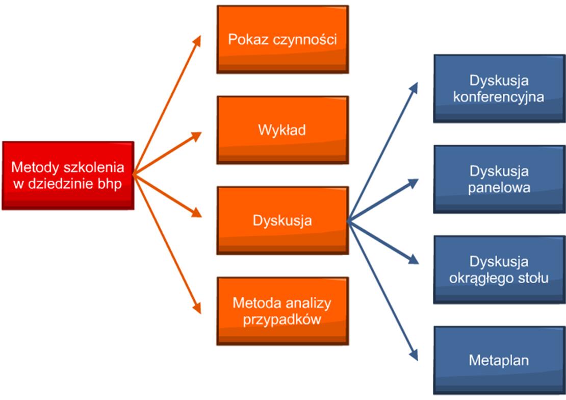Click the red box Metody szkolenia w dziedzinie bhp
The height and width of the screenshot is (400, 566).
pos(68,175)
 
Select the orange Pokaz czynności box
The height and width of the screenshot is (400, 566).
pos(282,39)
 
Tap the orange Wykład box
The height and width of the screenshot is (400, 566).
pos(282,130)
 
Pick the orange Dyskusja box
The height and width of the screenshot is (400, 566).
pos(282,220)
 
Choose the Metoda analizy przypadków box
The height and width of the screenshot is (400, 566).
pos(282,311)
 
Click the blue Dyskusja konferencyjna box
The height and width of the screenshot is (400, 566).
pos(500,89)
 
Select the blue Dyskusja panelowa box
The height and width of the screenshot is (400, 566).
pos(500,179)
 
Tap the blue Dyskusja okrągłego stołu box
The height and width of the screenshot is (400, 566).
pos(500,269)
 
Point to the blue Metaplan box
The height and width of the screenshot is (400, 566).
pos(500,360)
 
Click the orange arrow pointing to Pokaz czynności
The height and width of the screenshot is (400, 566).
pos(167,105)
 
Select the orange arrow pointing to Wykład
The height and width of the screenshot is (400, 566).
pos(167,154)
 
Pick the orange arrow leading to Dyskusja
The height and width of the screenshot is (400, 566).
pos(167,196)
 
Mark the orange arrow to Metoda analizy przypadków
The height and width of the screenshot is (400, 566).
pos(167,244)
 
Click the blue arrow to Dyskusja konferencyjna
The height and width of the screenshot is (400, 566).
pos(383,152)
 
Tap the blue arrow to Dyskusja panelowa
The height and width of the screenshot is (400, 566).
pos(383,200)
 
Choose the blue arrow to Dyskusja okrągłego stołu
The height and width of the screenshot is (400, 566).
pos(383,242)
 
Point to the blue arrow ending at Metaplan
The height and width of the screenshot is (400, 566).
pos(383,290)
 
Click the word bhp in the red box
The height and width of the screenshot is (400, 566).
pos(110,184)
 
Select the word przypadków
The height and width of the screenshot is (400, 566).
pos(282,320)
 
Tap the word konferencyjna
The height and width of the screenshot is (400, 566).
pos(499,97)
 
